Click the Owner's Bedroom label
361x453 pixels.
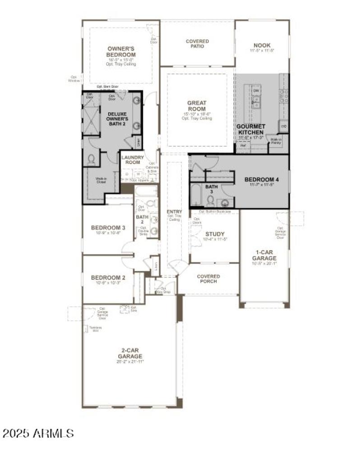(121, 51)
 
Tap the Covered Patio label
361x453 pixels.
(197, 44)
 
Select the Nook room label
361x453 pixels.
(262, 46)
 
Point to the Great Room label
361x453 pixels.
(197, 106)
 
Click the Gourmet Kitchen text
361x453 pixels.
(251, 129)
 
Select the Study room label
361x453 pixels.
(215, 234)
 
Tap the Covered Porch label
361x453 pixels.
(208, 279)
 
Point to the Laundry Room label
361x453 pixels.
(133, 159)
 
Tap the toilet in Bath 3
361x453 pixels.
(211, 199)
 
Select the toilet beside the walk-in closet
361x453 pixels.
(92, 159)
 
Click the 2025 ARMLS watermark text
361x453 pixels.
(38, 434)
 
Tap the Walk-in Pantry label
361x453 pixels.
(276, 141)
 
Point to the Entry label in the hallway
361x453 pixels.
(174, 212)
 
